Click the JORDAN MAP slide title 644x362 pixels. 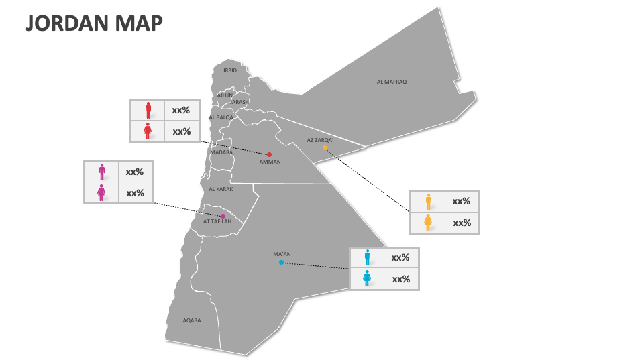[94, 23]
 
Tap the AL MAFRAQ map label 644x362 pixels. [392, 82]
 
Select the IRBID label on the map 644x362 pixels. [230, 70]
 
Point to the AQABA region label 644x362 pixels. [192, 320]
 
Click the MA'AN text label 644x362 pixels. [282, 254]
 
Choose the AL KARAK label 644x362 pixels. [220, 189]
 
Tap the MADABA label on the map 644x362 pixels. [221, 152]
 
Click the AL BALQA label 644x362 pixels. [221, 117]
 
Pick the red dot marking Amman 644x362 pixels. [270, 154]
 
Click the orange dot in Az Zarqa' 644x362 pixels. [325, 147]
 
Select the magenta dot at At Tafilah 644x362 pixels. [223, 216]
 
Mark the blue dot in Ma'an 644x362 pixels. [281, 263]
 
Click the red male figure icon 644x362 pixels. [148, 110]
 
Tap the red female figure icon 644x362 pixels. [148, 131]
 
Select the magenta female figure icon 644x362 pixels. [101, 193]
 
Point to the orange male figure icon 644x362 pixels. [428, 201]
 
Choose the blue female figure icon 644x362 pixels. [367, 279]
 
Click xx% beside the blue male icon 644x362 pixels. [400, 257]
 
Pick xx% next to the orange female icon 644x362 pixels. [462, 223]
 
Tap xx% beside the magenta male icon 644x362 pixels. [135, 172]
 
